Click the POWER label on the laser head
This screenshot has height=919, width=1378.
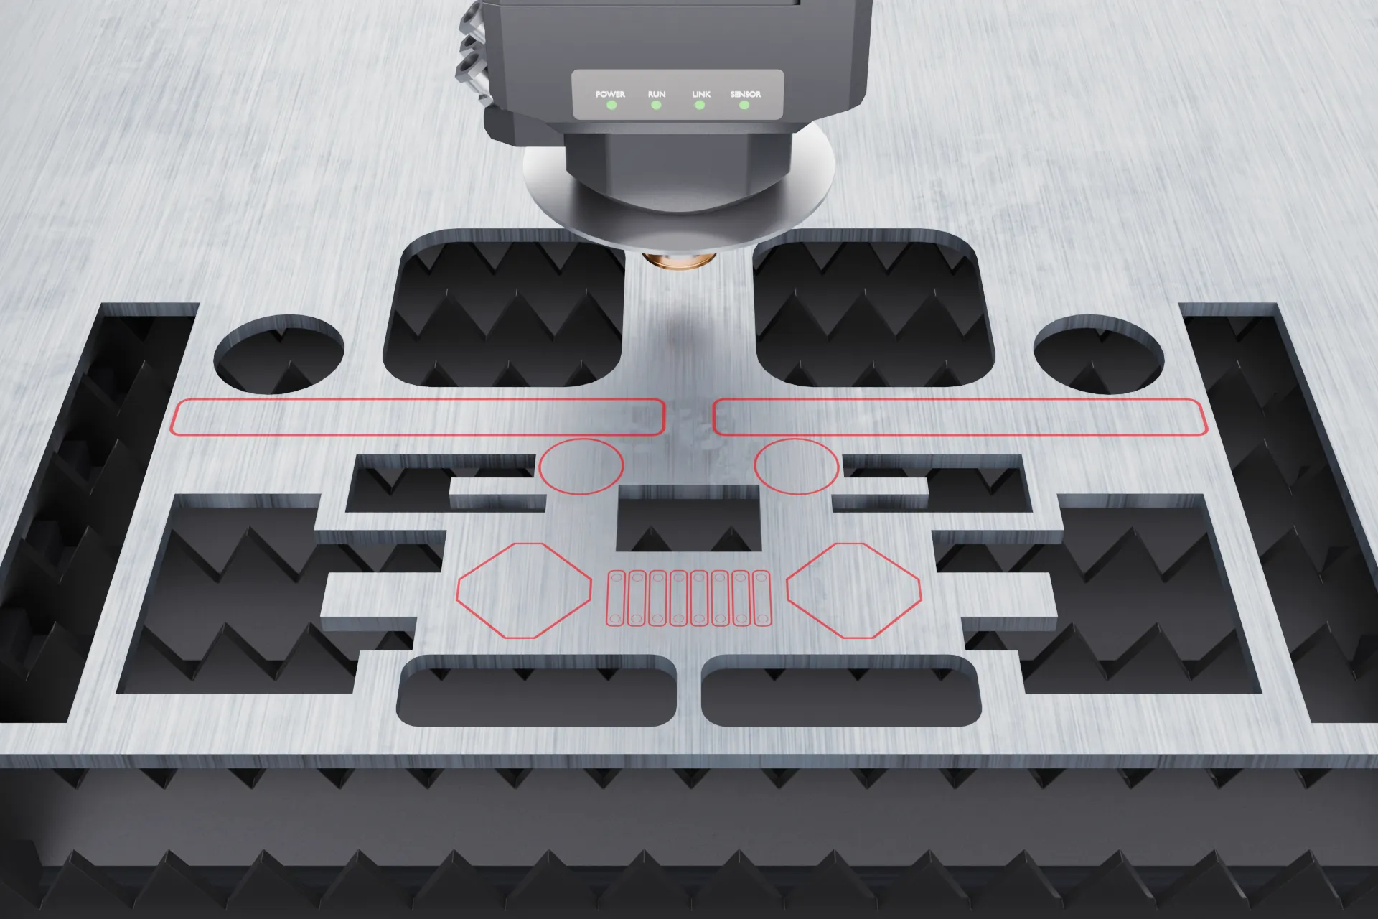(x=610, y=94)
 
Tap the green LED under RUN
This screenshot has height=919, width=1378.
(x=656, y=105)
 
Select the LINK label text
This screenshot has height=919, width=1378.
(x=701, y=94)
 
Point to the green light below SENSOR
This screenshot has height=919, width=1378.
(x=744, y=105)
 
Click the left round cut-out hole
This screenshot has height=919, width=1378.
(x=279, y=354)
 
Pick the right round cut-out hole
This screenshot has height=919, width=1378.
(x=1099, y=354)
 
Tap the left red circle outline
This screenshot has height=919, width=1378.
(x=581, y=439)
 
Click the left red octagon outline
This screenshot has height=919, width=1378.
(x=457, y=590)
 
